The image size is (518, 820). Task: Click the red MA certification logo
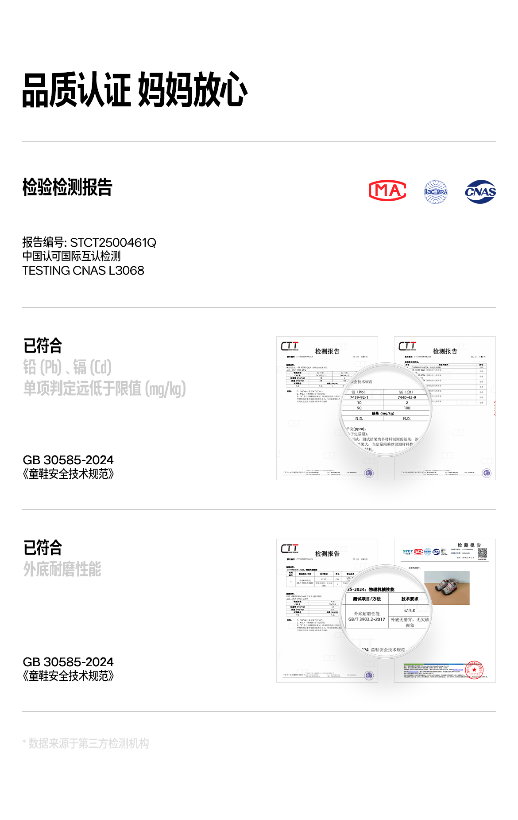point(387,191)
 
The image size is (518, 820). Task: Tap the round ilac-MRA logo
point(436,192)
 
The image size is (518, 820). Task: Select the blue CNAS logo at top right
point(480,192)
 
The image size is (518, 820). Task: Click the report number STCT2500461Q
point(113,243)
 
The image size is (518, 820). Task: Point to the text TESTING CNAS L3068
point(83,271)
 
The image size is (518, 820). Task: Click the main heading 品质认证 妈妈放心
point(135,90)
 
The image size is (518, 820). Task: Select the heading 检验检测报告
point(67,187)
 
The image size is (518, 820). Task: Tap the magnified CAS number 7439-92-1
point(359,397)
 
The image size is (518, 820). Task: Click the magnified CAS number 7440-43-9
point(407,397)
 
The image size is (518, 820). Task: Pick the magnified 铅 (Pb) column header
point(359,392)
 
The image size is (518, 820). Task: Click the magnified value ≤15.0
point(410,610)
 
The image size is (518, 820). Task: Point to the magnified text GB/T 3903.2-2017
point(367,619)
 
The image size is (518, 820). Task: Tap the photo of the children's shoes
point(447,588)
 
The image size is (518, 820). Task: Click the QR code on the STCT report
point(482,552)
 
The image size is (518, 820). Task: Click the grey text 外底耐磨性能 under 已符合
point(62,569)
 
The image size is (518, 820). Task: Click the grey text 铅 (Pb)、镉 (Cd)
point(67,367)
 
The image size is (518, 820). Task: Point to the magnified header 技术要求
point(410,598)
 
